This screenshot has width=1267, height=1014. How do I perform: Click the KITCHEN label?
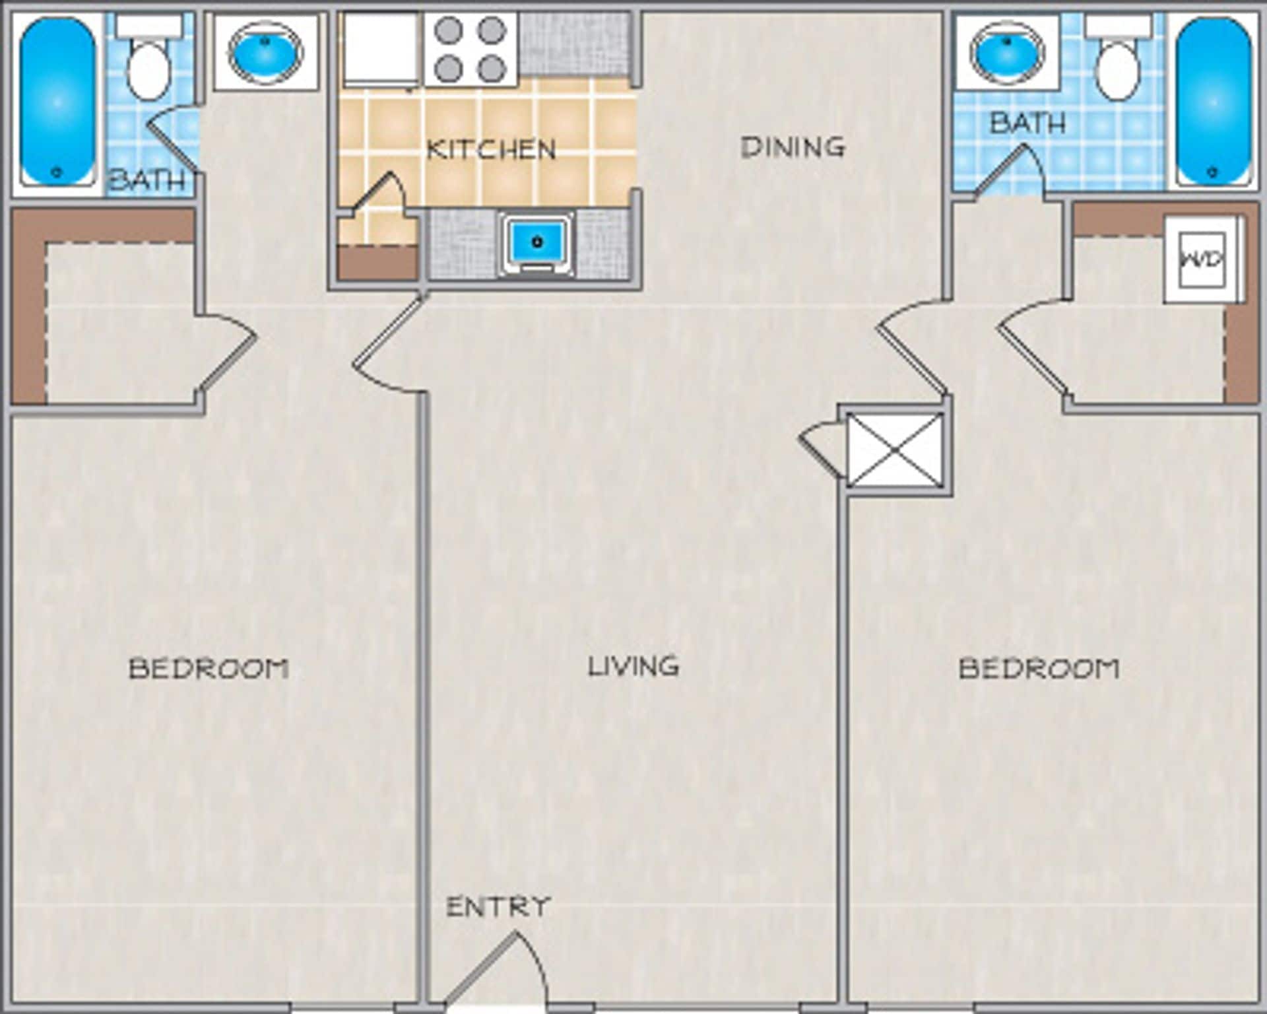[x=492, y=150]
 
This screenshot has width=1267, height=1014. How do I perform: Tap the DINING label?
[x=793, y=147]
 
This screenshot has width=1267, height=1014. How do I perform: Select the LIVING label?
[x=633, y=666]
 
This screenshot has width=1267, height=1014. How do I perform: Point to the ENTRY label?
[x=498, y=907]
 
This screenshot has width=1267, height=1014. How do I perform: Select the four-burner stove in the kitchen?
[x=471, y=50]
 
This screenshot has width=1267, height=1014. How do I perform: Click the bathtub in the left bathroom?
[x=57, y=102]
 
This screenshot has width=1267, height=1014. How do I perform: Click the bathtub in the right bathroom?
[x=1213, y=102]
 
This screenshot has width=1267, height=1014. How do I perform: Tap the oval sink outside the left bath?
[x=265, y=51]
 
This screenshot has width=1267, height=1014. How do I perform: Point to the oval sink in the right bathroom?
[x=1007, y=51]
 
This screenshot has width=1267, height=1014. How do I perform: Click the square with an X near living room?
[x=895, y=450]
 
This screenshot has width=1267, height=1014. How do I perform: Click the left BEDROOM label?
[x=209, y=669]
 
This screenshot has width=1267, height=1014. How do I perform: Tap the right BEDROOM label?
[x=1039, y=669]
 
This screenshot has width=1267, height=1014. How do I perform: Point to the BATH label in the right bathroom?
[x=1027, y=123]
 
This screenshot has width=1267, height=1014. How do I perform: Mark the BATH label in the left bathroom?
[x=146, y=180]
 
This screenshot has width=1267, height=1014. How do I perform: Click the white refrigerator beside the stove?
[x=379, y=50]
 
